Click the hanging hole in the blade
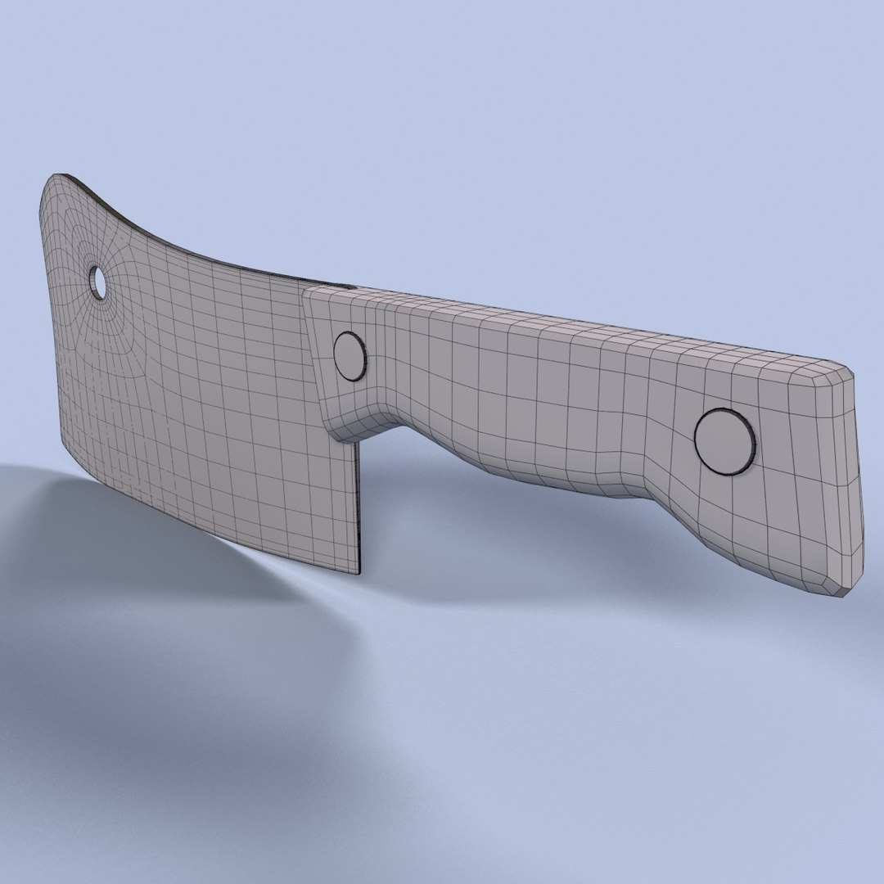click(99, 282)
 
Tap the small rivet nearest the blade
click(350, 356)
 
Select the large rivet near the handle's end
click(724, 442)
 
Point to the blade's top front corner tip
click(56, 176)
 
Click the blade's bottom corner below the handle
click(359, 572)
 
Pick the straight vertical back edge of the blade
click(359, 507)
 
